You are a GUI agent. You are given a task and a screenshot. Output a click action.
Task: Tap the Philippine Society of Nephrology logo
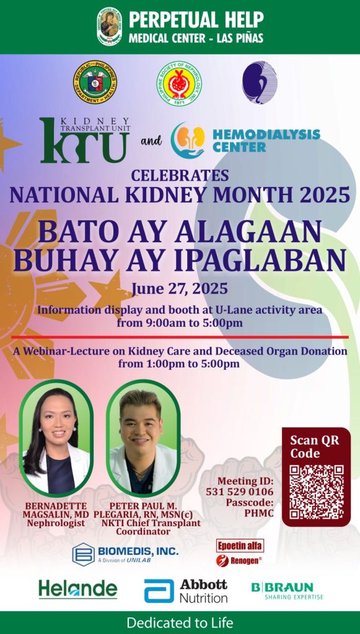click(x=179, y=83)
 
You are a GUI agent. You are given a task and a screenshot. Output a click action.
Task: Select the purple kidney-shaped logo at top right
click(x=259, y=82)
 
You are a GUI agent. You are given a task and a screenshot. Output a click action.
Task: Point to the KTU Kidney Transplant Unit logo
click(x=84, y=140)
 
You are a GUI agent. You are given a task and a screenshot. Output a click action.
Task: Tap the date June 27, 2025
click(x=179, y=289)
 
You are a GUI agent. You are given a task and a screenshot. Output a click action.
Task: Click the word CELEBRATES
click(x=180, y=175)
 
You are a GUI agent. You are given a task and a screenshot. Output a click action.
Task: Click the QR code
click(x=316, y=492)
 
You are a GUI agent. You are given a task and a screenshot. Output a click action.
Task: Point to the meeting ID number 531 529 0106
click(x=239, y=492)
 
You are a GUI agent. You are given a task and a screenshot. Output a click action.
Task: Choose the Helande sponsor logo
click(x=77, y=589)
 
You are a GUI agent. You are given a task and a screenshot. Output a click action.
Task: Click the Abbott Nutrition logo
click(x=186, y=591)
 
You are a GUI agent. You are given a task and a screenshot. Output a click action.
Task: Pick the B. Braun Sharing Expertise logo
click(x=287, y=590)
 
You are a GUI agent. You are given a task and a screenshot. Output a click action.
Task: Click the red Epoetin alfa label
click(x=240, y=545)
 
